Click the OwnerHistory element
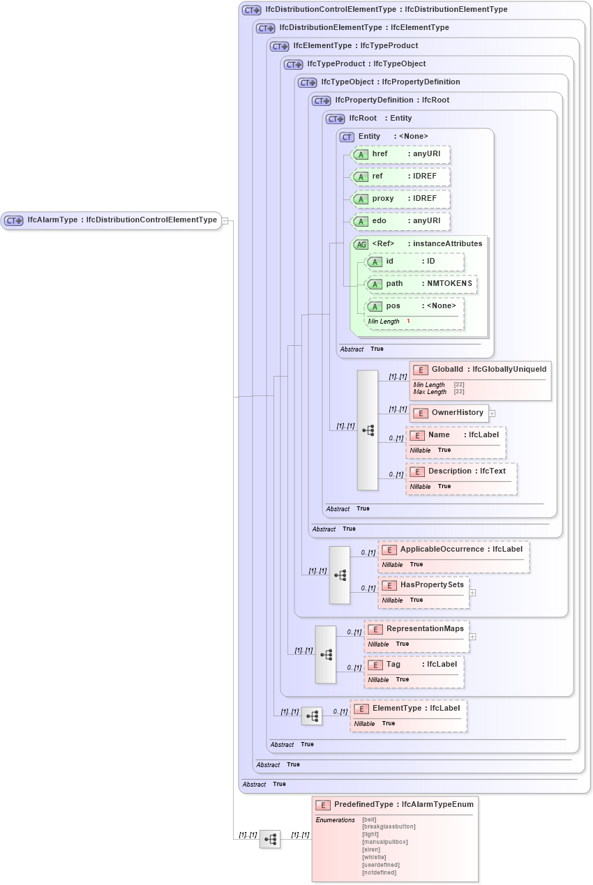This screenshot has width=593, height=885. coord(449,413)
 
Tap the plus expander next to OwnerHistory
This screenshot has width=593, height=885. coord(492,414)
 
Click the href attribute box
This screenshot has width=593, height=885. coord(400,154)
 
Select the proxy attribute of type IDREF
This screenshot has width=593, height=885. coord(400,199)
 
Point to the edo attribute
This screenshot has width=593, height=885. coord(400,221)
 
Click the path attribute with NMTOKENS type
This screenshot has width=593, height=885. coord(421,284)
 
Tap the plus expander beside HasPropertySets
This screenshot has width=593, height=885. coord(472,593)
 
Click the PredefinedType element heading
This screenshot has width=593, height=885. coord(395,805)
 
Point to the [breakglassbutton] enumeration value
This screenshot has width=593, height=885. coord(389,826)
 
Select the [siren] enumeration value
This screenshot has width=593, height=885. coord(371,849)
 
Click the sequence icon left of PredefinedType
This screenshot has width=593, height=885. coord(270,839)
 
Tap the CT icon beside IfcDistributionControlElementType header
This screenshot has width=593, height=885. coord(251,10)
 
